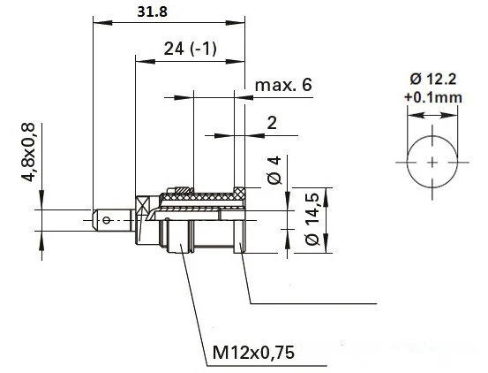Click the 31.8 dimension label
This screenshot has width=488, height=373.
pyautogui.click(x=152, y=11)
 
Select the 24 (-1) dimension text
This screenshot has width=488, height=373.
pyautogui.click(x=190, y=49)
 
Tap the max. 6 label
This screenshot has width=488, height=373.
pyautogui.click(x=283, y=85)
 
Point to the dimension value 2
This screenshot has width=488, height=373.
pyautogui.click(x=272, y=123)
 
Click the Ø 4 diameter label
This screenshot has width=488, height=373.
pyautogui.click(x=274, y=171)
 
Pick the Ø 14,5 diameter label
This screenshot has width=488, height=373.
pyautogui.click(x=312, y=219)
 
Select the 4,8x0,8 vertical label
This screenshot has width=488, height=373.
pyautogui.click(x=28, y=152)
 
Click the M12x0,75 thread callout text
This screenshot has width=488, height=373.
pyautogui.click(x=253, y=353)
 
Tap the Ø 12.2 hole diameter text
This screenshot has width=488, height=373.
pyautogui.click(x=433, y=80)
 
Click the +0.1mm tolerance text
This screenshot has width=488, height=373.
pyautogui.click(x=433, y=97)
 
